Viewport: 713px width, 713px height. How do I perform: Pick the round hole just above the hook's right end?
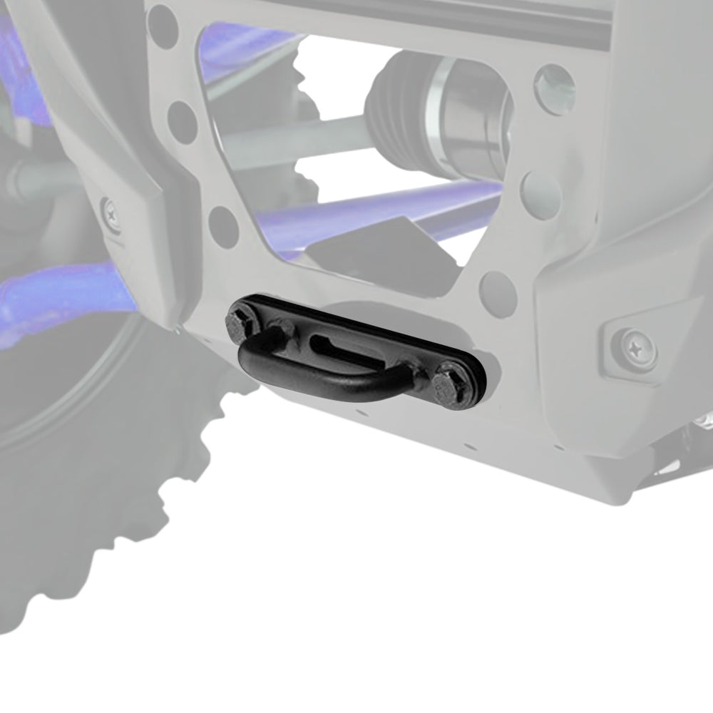click(498, 292)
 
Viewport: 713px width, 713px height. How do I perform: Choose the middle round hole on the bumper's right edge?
click(540, 195)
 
